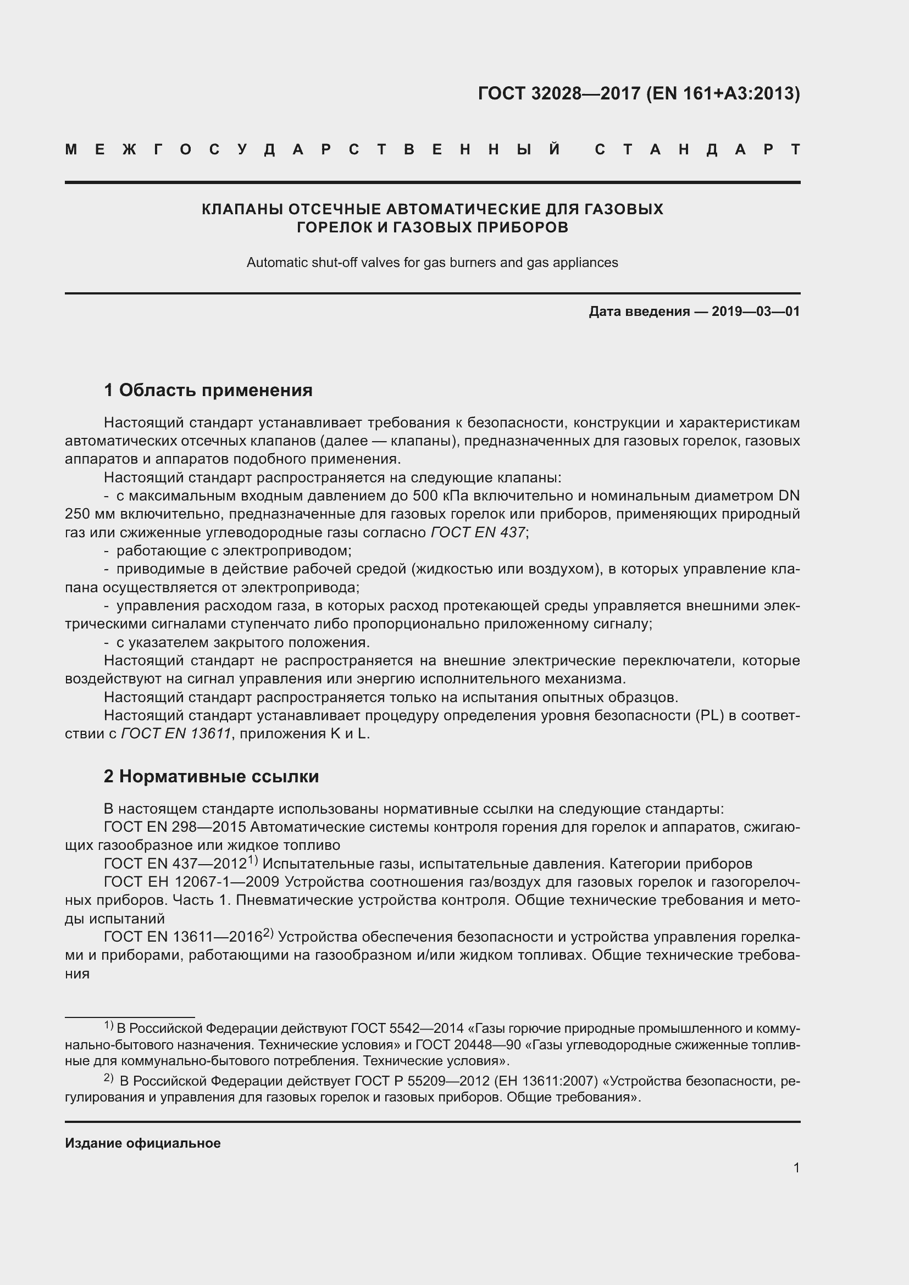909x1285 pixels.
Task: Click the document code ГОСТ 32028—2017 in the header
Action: coord(559,93)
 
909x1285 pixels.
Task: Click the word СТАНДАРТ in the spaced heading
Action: coord(697,150)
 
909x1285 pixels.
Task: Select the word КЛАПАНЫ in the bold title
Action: coord(242,209)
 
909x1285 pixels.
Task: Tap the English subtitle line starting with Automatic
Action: coord(432,263)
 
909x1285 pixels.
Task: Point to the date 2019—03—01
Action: coord(756,311)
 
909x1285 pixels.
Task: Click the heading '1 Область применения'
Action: coord(208,390)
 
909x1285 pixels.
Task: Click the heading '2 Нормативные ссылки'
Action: coord(211,776)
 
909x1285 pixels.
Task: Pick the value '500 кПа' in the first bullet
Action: coord(438,496)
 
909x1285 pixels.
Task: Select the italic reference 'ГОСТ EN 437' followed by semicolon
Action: coord(478,532)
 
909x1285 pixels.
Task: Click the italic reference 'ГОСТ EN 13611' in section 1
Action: coord(176,734)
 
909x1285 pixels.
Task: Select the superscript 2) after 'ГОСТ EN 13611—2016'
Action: coord(268,933)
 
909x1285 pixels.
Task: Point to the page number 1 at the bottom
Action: coord(796,1167)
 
